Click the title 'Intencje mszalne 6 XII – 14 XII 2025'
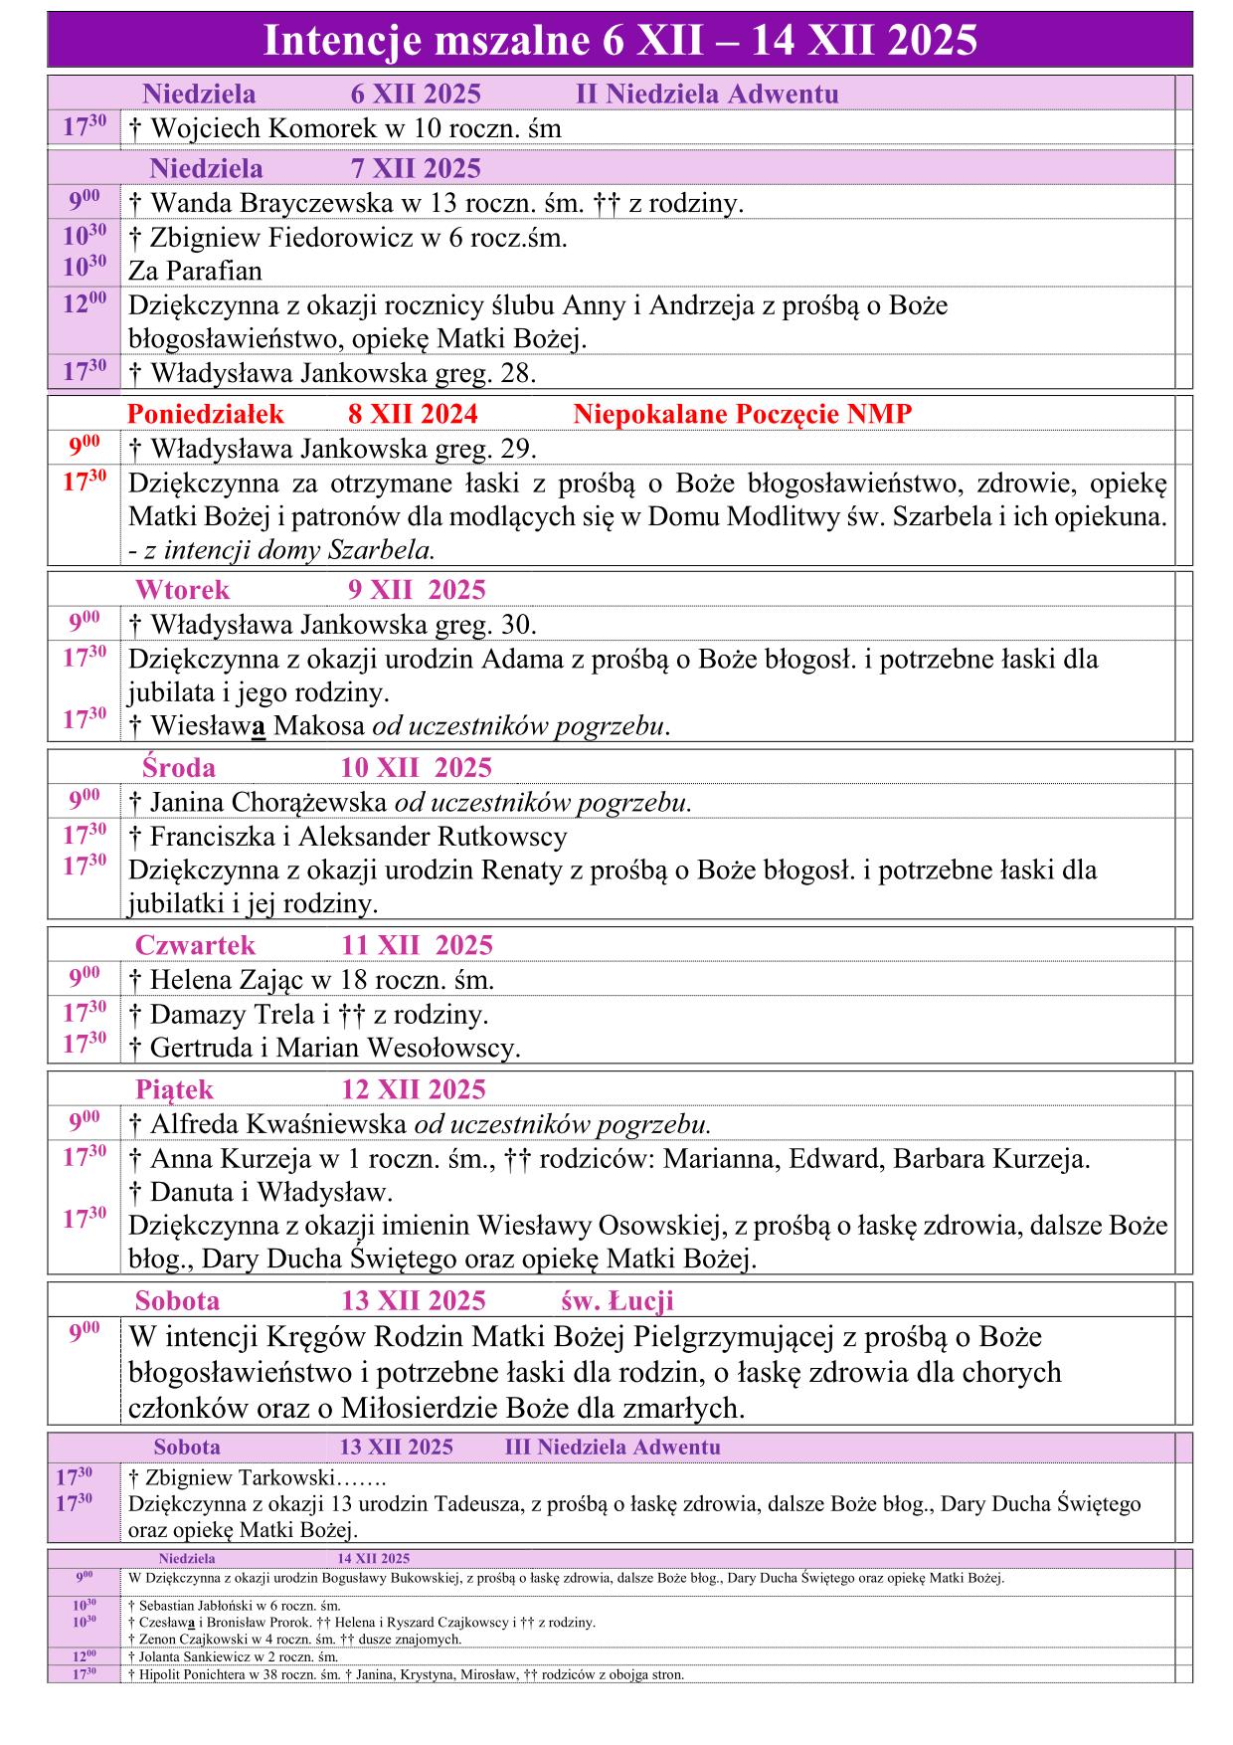[619, 41]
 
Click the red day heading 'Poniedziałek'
[206, 414]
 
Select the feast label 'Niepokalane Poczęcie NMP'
[742, 414]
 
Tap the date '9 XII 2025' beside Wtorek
[417, 590]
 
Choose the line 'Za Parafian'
[195, 271]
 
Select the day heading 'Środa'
[179, 767]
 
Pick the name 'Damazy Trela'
[234, 1015]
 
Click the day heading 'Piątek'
[175, 1089]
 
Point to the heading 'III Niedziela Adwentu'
[613, 1447]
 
